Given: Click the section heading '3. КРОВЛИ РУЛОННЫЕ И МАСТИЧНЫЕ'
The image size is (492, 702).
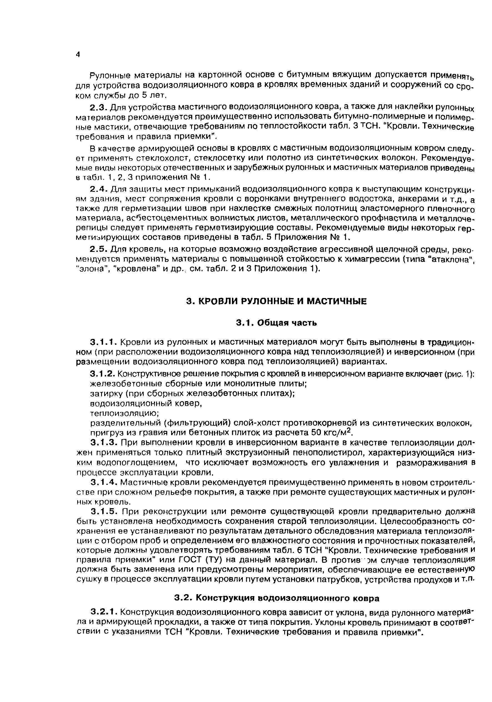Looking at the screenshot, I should coord(276,301).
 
